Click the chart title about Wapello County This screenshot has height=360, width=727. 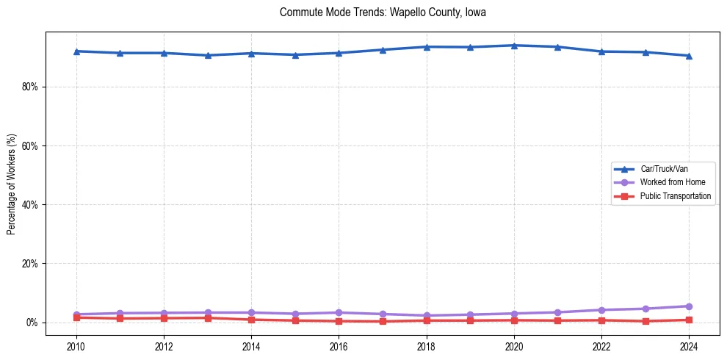(383, 12)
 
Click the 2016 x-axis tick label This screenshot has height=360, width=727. (339, 346)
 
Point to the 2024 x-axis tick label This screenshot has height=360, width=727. (689, 346)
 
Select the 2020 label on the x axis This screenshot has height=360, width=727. (514, 346)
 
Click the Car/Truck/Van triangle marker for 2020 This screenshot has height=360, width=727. (514, 46)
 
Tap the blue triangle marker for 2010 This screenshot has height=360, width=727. (76, 51)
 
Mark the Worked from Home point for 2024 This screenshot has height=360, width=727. (689, 306)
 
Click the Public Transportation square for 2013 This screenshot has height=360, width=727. (208, 318)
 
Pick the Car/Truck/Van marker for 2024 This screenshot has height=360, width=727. (689, 56)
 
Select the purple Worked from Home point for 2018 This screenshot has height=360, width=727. (427, 316)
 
